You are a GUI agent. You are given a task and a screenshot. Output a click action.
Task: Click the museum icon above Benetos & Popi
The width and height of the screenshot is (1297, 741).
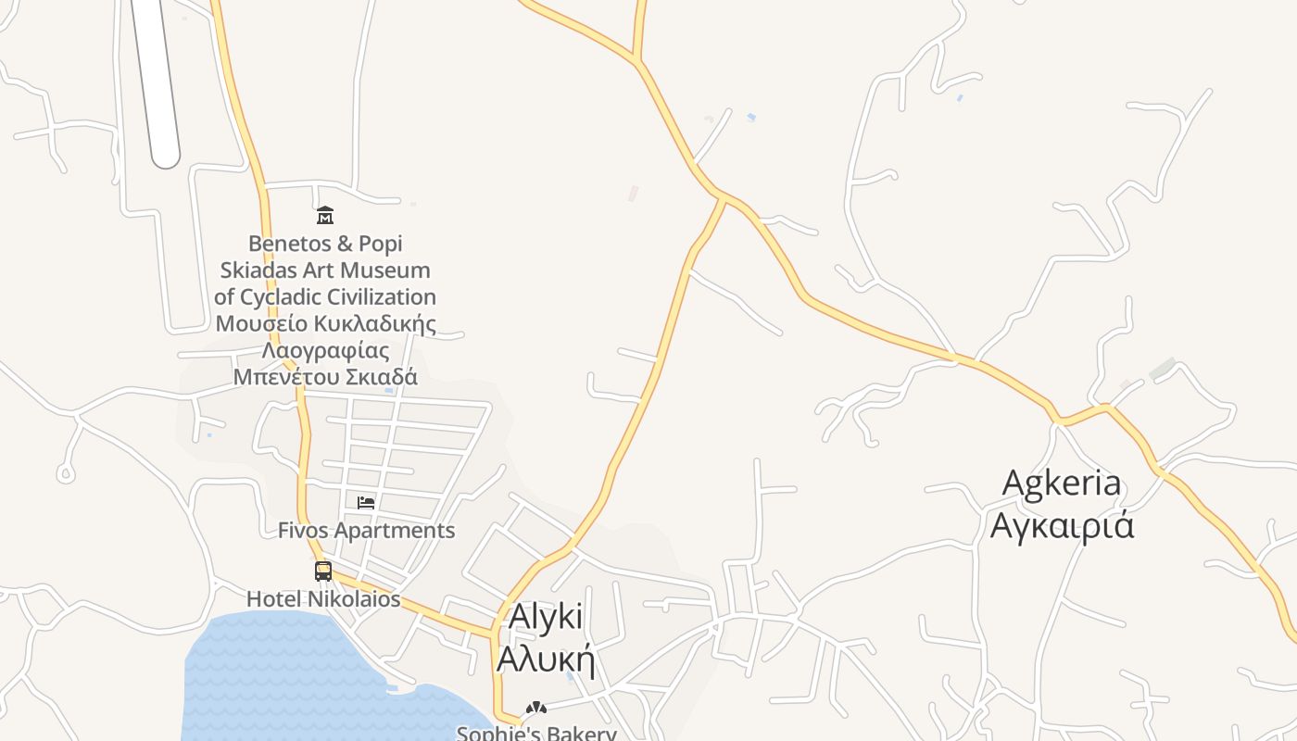[325, 216]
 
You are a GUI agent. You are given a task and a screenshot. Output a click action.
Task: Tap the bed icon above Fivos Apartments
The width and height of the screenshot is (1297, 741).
[366, 502]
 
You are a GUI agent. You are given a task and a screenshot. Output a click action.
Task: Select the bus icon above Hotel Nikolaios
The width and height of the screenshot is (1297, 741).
[323, 571]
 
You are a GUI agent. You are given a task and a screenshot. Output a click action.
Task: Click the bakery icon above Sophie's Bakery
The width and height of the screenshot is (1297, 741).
[535, 709]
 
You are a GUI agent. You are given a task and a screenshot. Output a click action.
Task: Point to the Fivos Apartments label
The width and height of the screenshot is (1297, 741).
[367, 531]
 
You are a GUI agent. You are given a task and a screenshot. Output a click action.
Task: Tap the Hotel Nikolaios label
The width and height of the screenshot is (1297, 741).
[323, 599]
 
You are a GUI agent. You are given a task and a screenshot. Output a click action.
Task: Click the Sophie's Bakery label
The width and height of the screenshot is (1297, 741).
[536, 733]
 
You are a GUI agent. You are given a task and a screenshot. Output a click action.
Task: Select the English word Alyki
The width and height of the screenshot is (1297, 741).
[547, 617]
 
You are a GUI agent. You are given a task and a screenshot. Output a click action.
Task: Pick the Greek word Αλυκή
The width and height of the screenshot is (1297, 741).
[545, 658]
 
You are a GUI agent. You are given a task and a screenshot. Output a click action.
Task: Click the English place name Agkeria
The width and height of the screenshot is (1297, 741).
[1062, 483]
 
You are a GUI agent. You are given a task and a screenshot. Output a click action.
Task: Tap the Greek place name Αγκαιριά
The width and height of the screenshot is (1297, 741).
[1062, 525]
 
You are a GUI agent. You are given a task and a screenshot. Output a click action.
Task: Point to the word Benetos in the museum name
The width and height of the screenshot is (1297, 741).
[287, 244]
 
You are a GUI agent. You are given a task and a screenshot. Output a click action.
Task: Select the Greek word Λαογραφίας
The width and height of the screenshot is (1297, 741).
[325, 351]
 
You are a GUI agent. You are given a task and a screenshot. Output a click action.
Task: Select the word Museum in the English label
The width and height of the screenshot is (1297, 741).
[385, 270]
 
